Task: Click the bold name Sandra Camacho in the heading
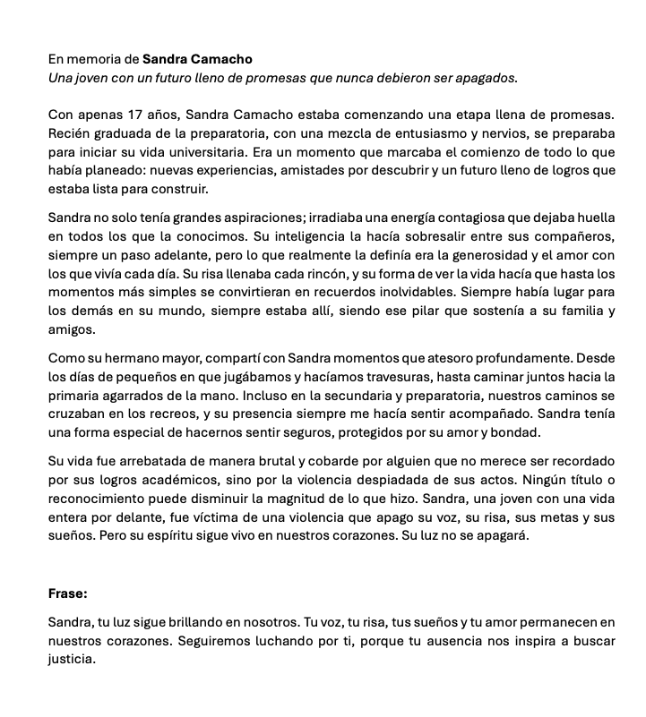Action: coord(197,59)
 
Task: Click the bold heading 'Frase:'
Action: coord(68,593)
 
